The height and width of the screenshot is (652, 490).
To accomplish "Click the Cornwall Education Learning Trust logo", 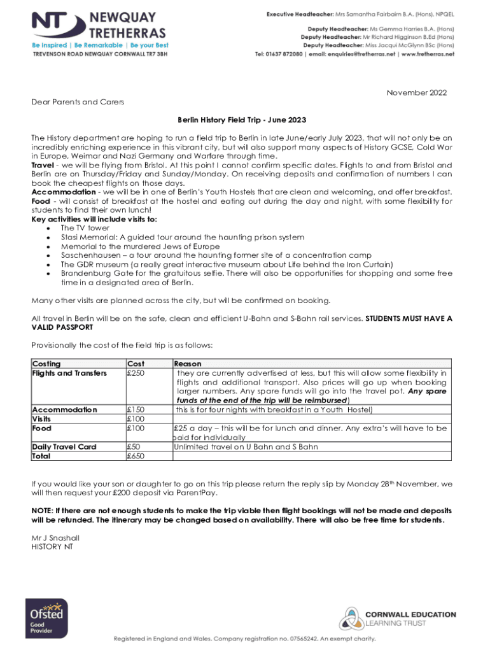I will (397, 618).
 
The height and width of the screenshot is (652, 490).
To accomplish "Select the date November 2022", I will (417, 93).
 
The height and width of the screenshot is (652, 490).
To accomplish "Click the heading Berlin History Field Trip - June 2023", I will (245, 120).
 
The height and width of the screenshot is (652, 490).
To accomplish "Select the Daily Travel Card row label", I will (64, 447).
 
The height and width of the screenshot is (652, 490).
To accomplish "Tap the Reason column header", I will (188, 364).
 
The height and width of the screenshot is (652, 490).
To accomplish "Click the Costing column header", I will (46, 364).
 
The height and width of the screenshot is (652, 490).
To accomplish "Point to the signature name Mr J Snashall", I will (56, 538).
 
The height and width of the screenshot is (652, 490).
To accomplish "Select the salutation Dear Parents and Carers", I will (78, 102).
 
